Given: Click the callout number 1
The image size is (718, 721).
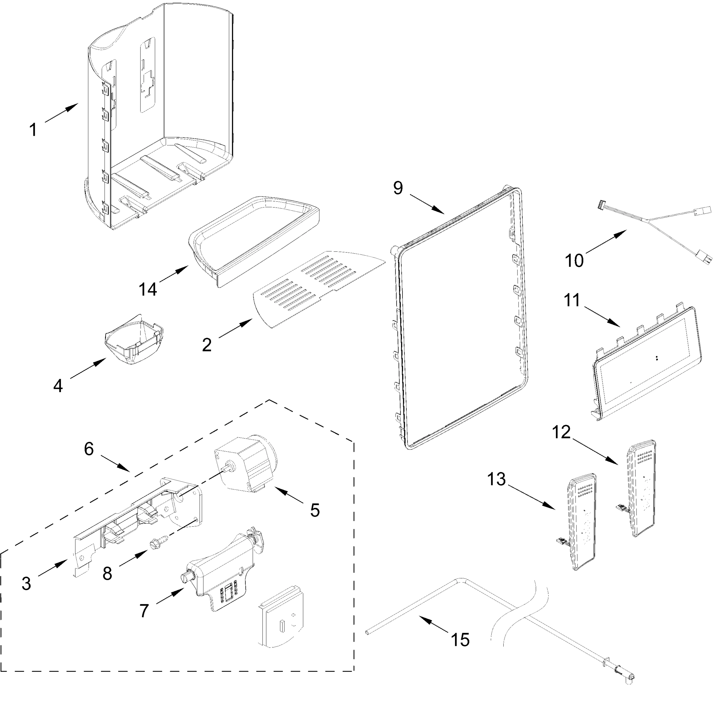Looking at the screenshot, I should [x=33, y=130].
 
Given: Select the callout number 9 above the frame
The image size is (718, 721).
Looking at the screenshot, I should [x=398, y=188].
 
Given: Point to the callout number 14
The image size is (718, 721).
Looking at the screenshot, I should [x=148, y=289].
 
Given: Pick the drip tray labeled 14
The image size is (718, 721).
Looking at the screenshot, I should [x=254, y=239].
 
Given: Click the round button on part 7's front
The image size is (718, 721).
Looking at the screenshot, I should [x=185, y=577].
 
